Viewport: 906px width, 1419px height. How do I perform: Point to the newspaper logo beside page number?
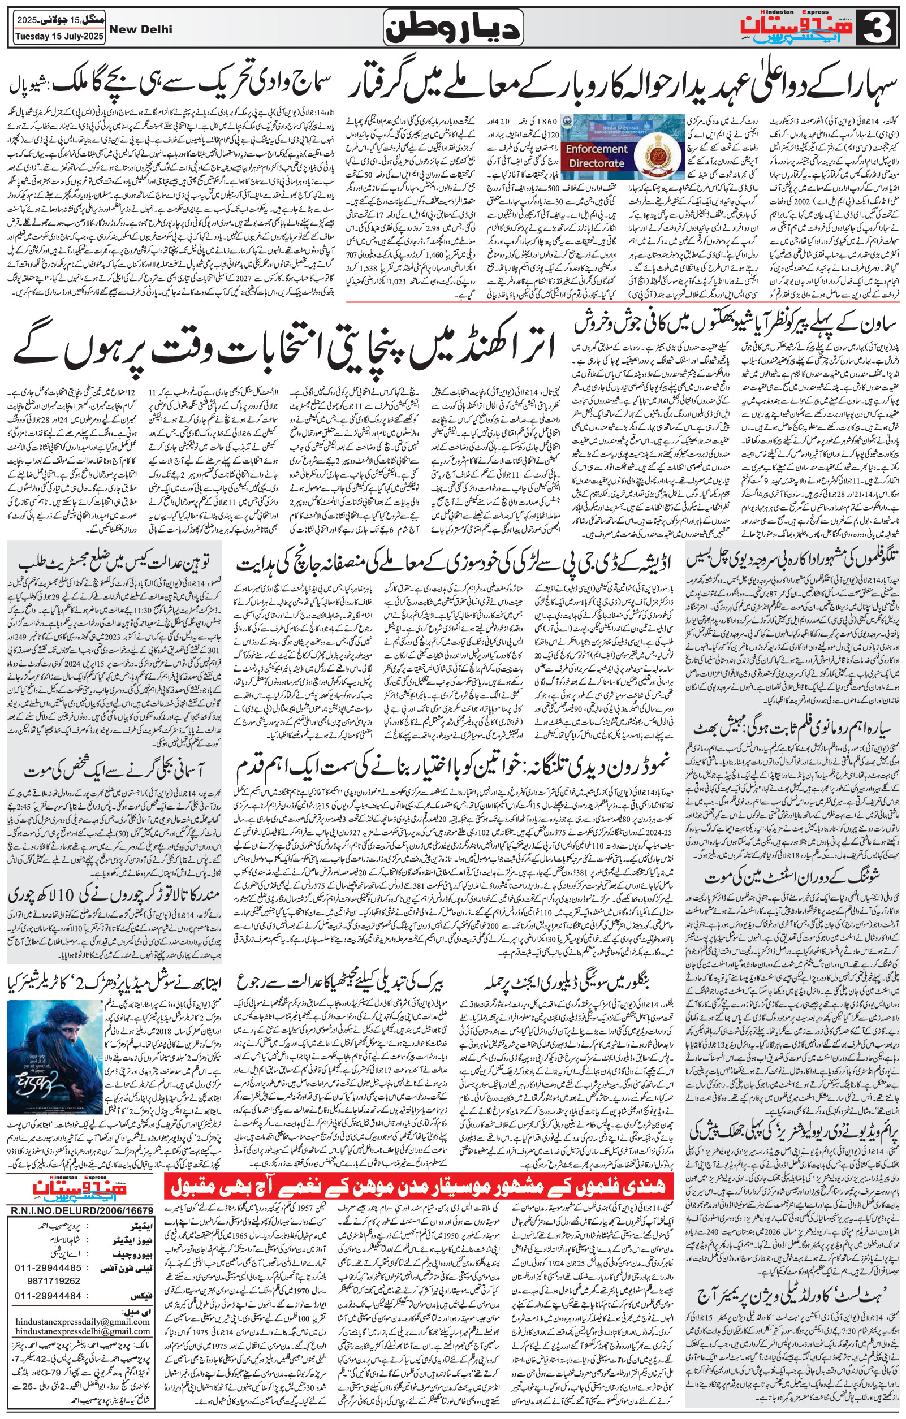click(x=800, y=27)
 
